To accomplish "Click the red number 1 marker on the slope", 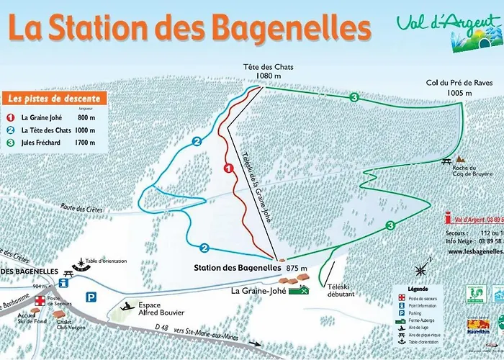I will coord(228,168).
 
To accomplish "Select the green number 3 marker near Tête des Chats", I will coord(354,97).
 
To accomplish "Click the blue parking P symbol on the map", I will coord(91,297).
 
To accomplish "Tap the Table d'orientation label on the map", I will coord(106,261).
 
